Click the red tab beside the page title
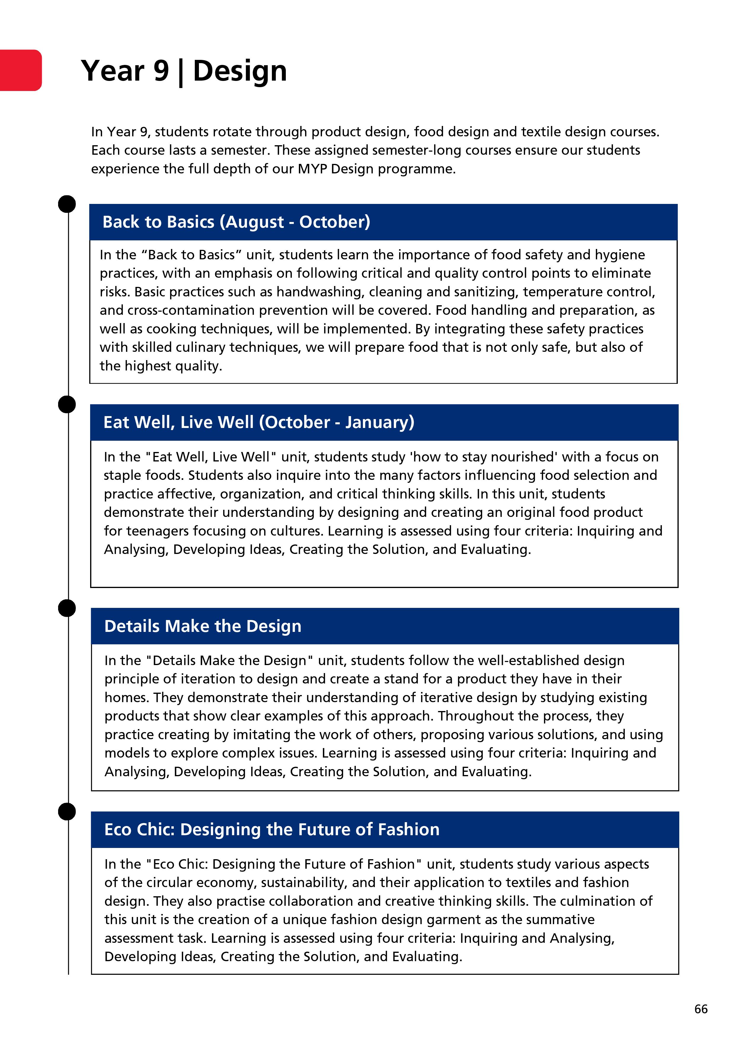pos(20,70)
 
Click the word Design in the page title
pos(240,71)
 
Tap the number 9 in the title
pos(161,71)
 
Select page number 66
pos(701,1009)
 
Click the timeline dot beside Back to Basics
pos(67,204)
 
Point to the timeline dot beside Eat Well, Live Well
pos(67,404)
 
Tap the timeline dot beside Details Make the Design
pos(67,608)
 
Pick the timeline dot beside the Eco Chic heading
pos(67,811)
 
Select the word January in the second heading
pos(379,422)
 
